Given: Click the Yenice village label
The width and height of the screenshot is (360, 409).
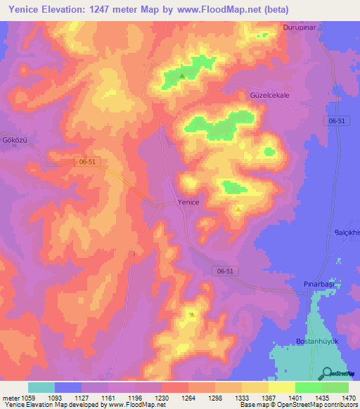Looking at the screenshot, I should tap(188, 202).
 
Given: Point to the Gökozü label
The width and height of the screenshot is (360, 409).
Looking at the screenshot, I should tap(14, 141).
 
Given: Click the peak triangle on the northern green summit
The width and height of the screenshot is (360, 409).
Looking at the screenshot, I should tap(183, 76).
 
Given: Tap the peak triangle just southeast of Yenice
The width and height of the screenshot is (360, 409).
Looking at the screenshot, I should tap(238, 209).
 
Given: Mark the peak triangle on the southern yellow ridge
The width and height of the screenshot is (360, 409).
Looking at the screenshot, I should tap(192, 314).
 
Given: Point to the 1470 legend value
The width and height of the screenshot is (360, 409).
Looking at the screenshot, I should tap(340, 396).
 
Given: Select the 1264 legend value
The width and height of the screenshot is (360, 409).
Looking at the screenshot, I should tap(188, 396).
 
